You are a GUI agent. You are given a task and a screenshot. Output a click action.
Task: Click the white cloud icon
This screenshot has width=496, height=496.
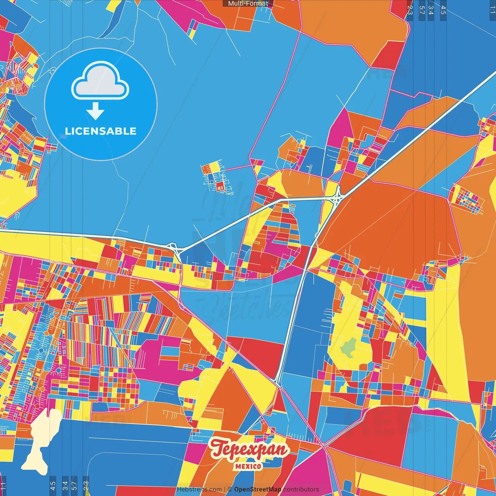(100, 81)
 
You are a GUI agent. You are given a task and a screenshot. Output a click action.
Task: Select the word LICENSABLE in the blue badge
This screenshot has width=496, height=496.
(101, 131)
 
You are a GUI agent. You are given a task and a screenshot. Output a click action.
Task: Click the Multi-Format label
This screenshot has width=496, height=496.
(248, 3)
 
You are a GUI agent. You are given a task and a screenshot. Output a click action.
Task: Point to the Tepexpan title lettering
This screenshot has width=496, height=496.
(250, 449)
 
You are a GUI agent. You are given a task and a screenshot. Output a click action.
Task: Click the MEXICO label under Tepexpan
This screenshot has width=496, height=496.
(248, 466)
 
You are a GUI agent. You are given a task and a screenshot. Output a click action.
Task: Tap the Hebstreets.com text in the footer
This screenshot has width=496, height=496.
(199, 489)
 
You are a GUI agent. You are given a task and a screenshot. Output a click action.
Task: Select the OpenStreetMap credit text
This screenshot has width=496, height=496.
(257, 489)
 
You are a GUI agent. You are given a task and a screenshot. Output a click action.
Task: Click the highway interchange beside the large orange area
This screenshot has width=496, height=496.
(338, 197)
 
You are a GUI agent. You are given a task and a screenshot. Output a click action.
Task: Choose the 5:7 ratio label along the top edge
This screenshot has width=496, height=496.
(421, 10)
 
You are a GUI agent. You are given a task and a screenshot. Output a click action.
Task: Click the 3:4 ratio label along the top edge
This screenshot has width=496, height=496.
(431, 10)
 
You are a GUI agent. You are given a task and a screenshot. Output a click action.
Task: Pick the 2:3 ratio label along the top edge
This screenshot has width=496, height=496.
(410, 10)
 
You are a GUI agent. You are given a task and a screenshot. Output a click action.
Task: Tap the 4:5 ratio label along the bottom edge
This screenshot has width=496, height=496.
(53, 486)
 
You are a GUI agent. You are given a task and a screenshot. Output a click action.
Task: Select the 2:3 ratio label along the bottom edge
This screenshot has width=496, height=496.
(86, 486)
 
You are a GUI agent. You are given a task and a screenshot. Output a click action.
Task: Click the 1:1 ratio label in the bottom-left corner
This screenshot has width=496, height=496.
(3, 486)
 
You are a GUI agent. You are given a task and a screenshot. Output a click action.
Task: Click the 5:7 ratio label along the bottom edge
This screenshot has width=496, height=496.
(74, 486)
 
